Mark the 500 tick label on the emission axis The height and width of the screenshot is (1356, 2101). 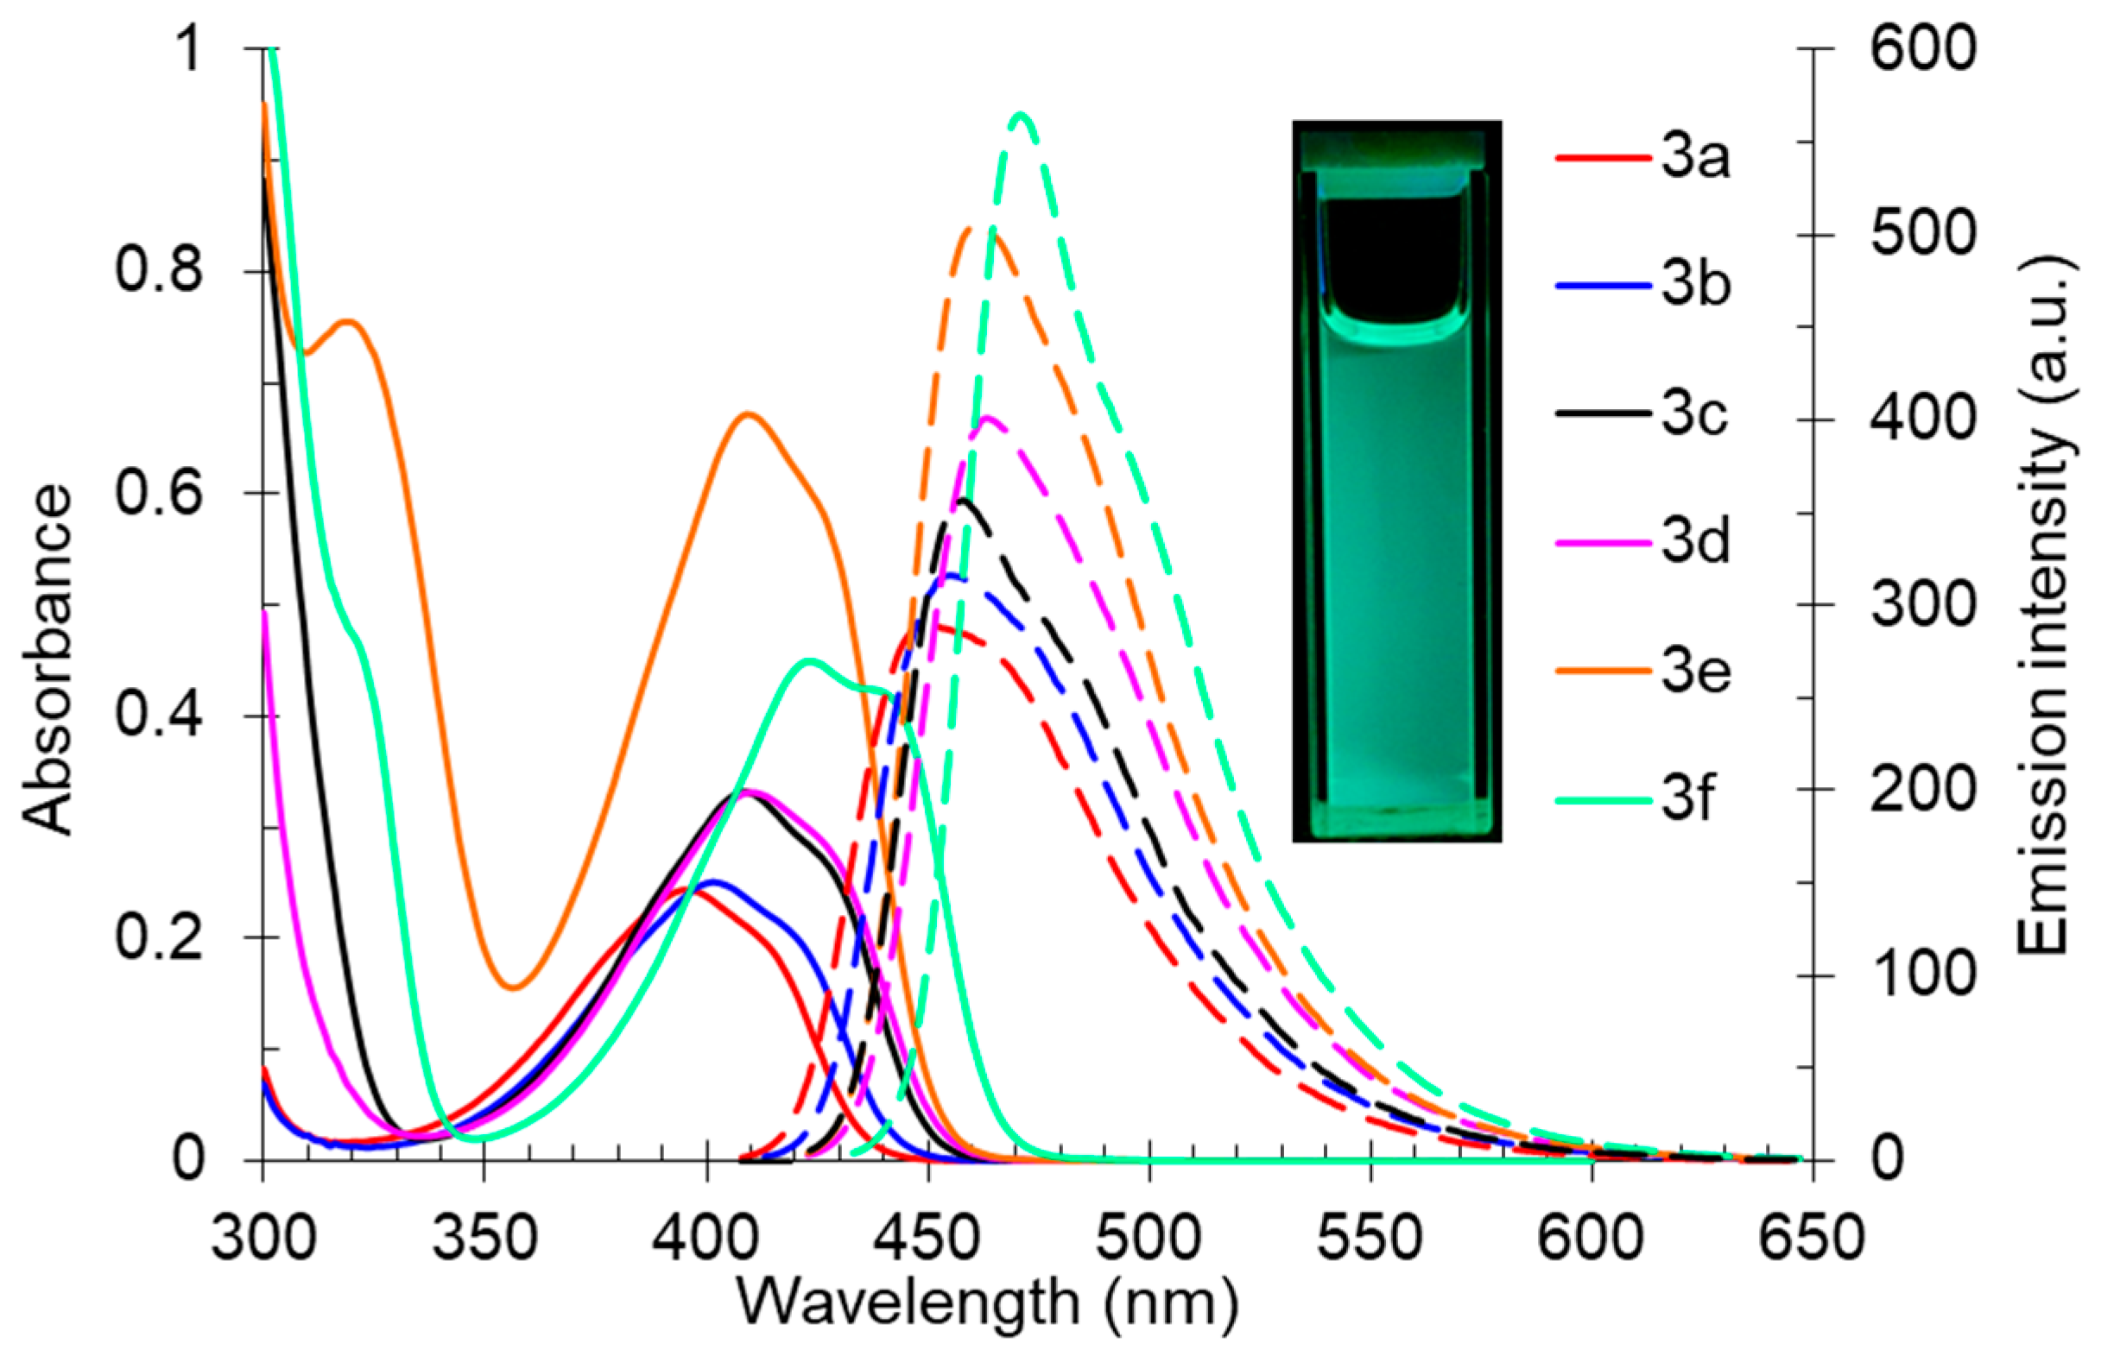(x=1924, y=234)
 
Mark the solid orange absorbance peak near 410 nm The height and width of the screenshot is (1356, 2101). (x=748, y=413)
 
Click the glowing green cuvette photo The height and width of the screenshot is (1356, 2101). (x=1396, y=481)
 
